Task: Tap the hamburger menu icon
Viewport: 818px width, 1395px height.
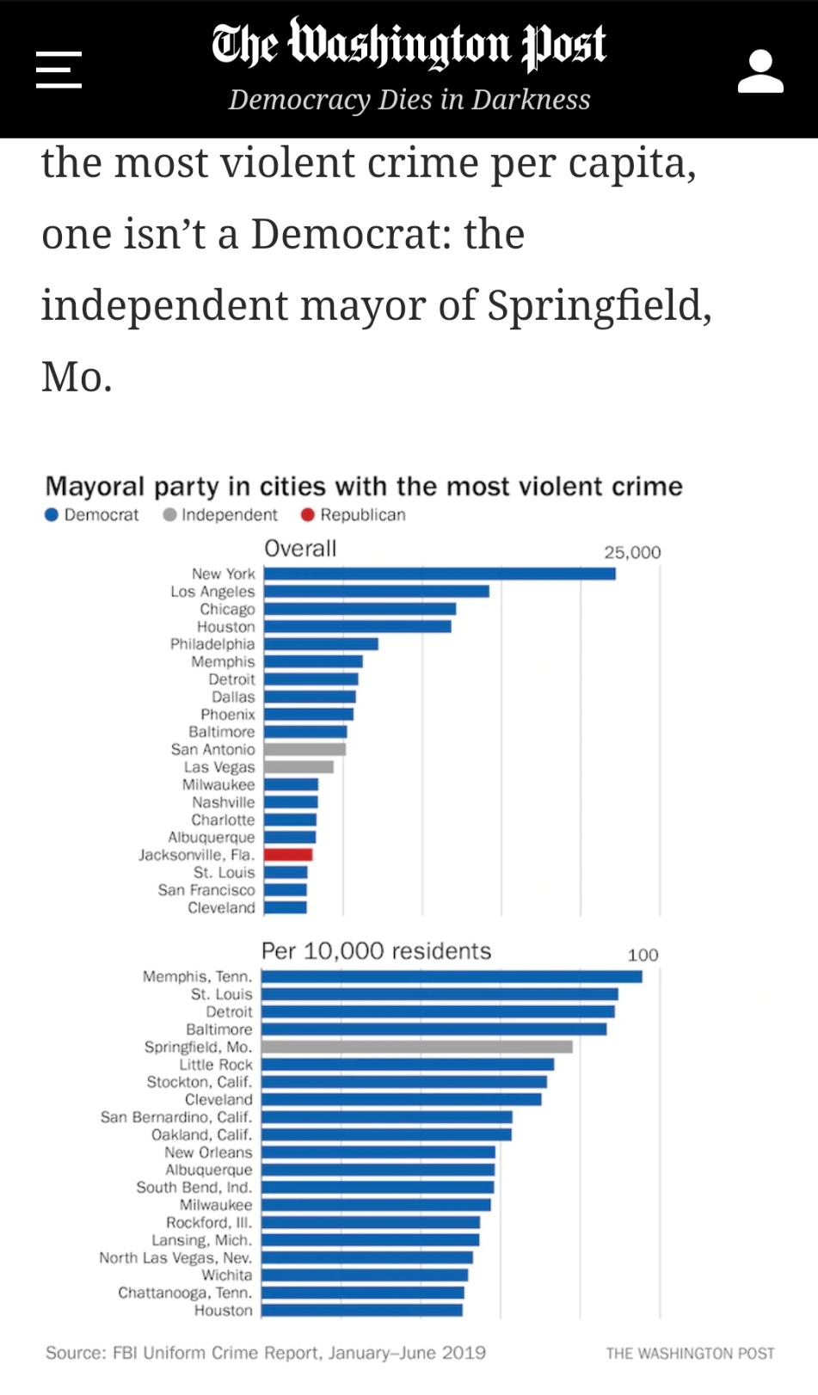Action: click(x=58, y=70)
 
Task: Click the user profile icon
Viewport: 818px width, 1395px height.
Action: click(x=760, y=71)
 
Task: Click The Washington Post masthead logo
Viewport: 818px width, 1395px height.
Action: click(x=409, y=44)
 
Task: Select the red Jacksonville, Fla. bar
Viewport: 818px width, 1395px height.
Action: click(x=288, y=855)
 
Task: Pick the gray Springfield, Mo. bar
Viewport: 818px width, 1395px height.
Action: click(x=417, y=1047)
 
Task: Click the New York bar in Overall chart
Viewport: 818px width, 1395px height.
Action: click(x=440, y=574)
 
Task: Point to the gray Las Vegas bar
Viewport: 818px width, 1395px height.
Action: click(x=298, y=767)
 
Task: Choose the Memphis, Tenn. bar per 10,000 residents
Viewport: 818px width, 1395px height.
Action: click(x=452, y=976)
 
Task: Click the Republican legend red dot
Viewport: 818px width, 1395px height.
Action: click(x=308, y=515)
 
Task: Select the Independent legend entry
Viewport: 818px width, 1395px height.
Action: click(x=220, y=515)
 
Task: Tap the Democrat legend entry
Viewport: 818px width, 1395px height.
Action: click(x=92, y=515)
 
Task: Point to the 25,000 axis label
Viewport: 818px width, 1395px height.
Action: click(x=632, y=552)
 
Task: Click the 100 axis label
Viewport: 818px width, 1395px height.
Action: click(x=643, y=955)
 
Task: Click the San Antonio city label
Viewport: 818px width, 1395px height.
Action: click(x=212, y=750)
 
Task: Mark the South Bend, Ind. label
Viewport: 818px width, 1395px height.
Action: click(x=194, y=1188)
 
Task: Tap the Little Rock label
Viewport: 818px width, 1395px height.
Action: click(x=215, y=1065)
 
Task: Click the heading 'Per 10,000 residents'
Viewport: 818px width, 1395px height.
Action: click(x=376, y=951)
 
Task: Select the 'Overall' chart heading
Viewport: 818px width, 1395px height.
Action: click(x=300, y=549)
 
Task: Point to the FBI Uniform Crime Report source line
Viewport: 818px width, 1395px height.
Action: click(x=266, y=1353)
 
